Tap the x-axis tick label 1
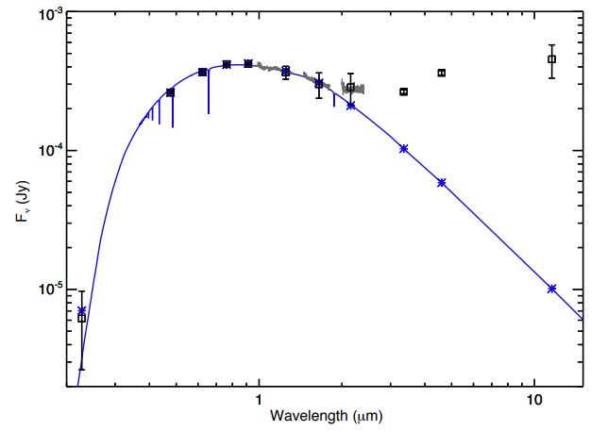click(259, 399)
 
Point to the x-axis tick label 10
click(534, 399)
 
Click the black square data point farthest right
click(552, 59)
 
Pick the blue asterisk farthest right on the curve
click(552, 289)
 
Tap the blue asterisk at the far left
click(82, 310)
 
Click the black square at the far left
click(82, 319)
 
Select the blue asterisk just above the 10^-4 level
click(404, 148)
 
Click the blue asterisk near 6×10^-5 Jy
click(442, 182)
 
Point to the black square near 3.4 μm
click(404, 91)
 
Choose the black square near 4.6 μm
click(442, 73)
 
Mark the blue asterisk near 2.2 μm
click(351, 106)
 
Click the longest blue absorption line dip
click(209, 94)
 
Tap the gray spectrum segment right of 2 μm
click(359, 89)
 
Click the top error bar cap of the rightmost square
click(552, 44)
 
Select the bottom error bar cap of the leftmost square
click(82, 368)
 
